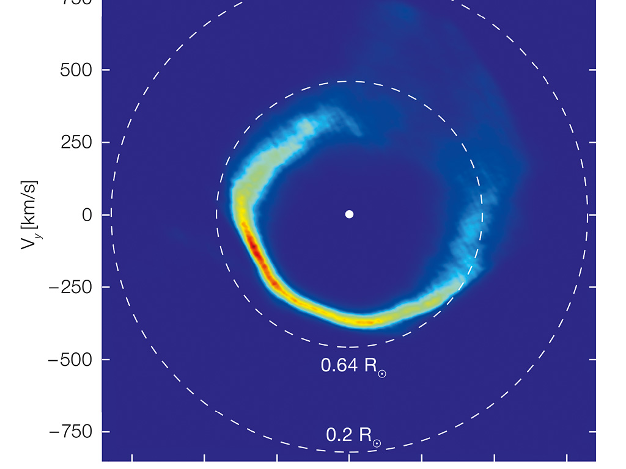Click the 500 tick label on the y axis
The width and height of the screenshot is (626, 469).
click(75, 70)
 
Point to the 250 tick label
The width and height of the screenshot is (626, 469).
click(75, 142)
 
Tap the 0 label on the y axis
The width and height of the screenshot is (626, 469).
click(88, 215)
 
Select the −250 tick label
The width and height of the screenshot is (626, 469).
click(69, 287)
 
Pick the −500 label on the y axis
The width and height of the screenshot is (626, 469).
click(69, 359)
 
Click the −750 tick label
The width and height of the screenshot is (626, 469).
click(69, 432)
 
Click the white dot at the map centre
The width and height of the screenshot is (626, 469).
click(349, 214)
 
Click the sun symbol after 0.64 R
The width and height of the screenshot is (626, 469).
click(382, 373)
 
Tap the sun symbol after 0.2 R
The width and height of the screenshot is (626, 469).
click(377, 443)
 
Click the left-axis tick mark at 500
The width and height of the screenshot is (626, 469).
click(106, 70)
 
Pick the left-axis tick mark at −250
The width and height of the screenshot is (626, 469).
click(106, 287)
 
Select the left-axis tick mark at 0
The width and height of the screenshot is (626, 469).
click(106, 215)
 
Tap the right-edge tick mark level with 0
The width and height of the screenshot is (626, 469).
click(592, 215)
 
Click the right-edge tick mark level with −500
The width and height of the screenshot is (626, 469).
click(592, 359)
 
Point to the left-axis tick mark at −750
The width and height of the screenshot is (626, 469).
click(106, 432)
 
